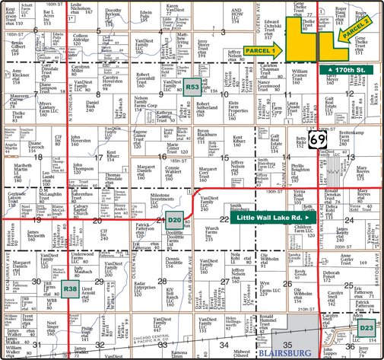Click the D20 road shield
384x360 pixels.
pos(174,221)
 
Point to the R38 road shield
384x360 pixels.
pos(70,289)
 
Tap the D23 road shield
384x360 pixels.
pos(367,307)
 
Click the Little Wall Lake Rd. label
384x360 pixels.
pos(263,218)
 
